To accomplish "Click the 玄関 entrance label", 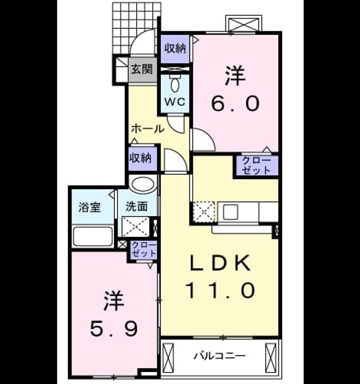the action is point(142,69).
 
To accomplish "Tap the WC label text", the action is point(175,101).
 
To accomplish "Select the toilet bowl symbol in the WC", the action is point(175,85).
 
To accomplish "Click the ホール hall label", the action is point(148,128).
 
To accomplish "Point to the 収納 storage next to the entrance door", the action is point(175,49).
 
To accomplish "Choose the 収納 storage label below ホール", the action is point(140,158).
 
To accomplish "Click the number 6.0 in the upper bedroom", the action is point(235,103).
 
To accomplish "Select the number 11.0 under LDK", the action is point(220,290).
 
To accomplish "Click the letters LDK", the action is point(220,263).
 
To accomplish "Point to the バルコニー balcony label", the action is point(220,356).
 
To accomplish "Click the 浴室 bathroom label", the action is point(89,208).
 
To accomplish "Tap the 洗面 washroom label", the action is point(137,206).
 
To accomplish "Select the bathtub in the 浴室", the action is point(93,236).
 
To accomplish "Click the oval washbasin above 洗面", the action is point(143,184).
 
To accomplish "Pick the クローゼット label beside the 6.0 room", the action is point(256,166).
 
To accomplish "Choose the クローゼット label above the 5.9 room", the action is point(144,250).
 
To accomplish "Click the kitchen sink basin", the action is point(230,212).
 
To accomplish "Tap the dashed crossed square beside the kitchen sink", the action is point(204,212).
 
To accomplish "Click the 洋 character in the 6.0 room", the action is point(235,76).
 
